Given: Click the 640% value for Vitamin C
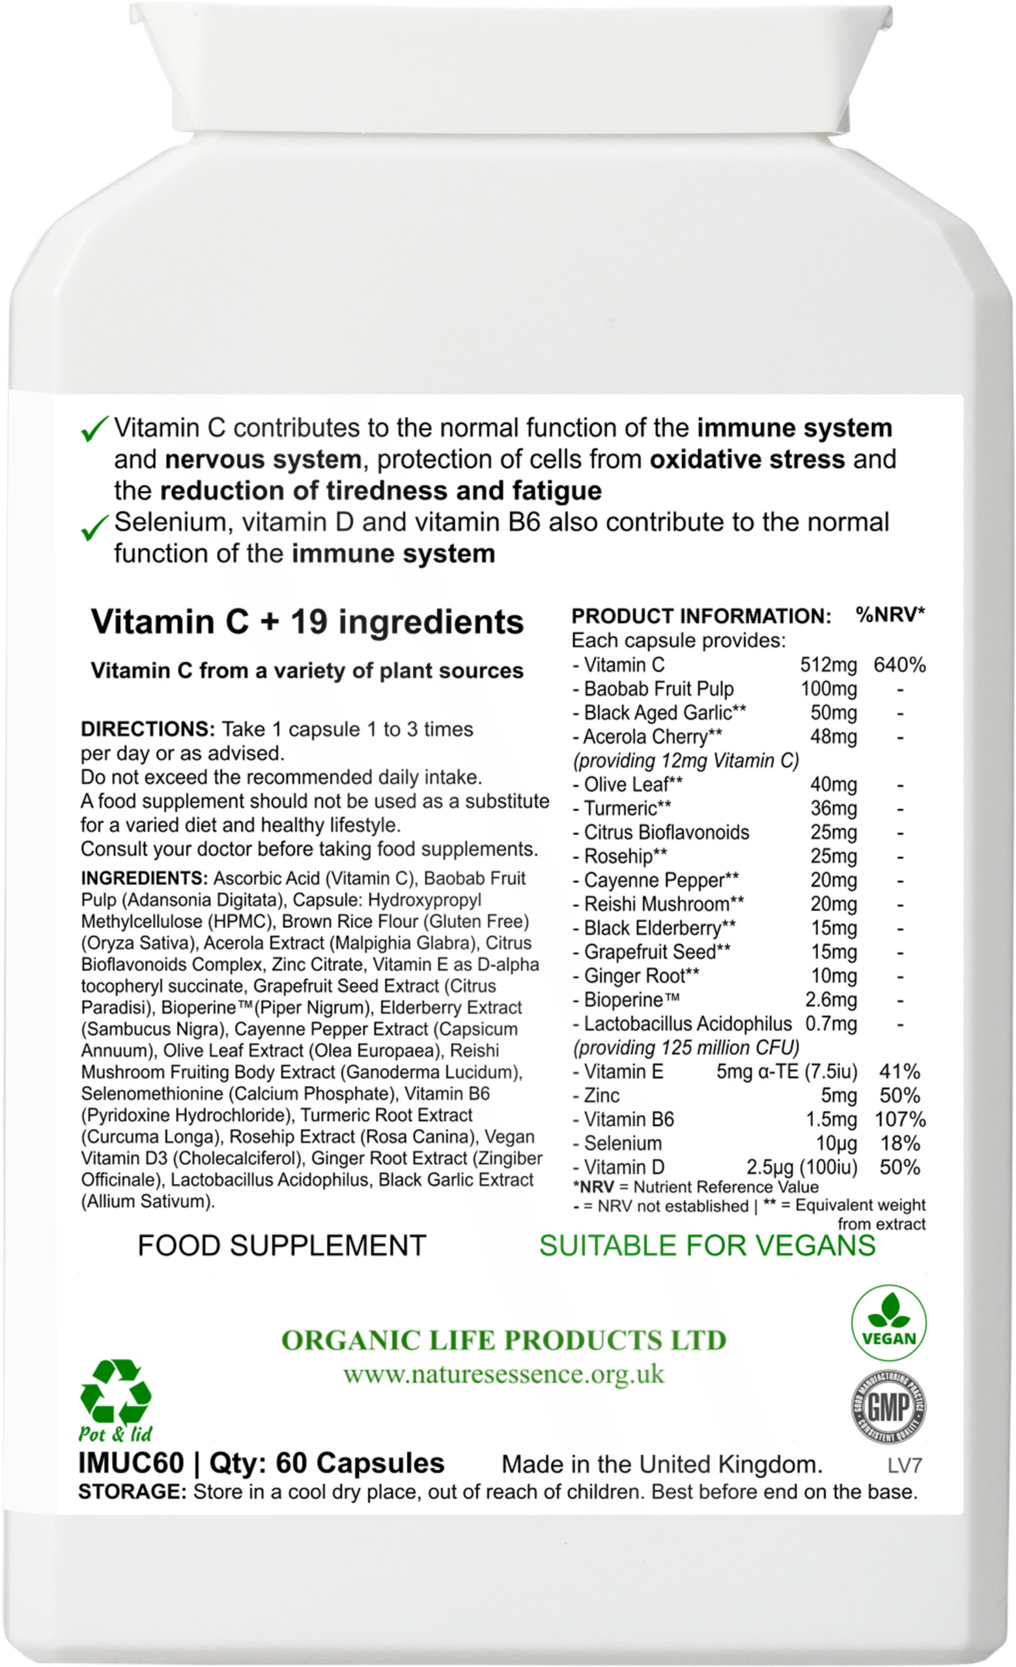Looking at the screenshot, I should point(899,665).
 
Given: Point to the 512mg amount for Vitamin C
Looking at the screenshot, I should point(828,665).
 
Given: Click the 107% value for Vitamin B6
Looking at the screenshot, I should point(899,1119).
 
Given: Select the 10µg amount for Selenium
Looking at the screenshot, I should point(837,1143).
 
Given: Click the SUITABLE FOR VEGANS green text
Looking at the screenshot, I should point(707,1245).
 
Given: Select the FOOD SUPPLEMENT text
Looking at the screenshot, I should point(281,1245).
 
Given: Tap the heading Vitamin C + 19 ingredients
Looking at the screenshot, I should point(307,622).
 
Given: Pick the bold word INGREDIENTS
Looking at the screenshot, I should point(144,878).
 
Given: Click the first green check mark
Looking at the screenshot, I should point(94,430).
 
